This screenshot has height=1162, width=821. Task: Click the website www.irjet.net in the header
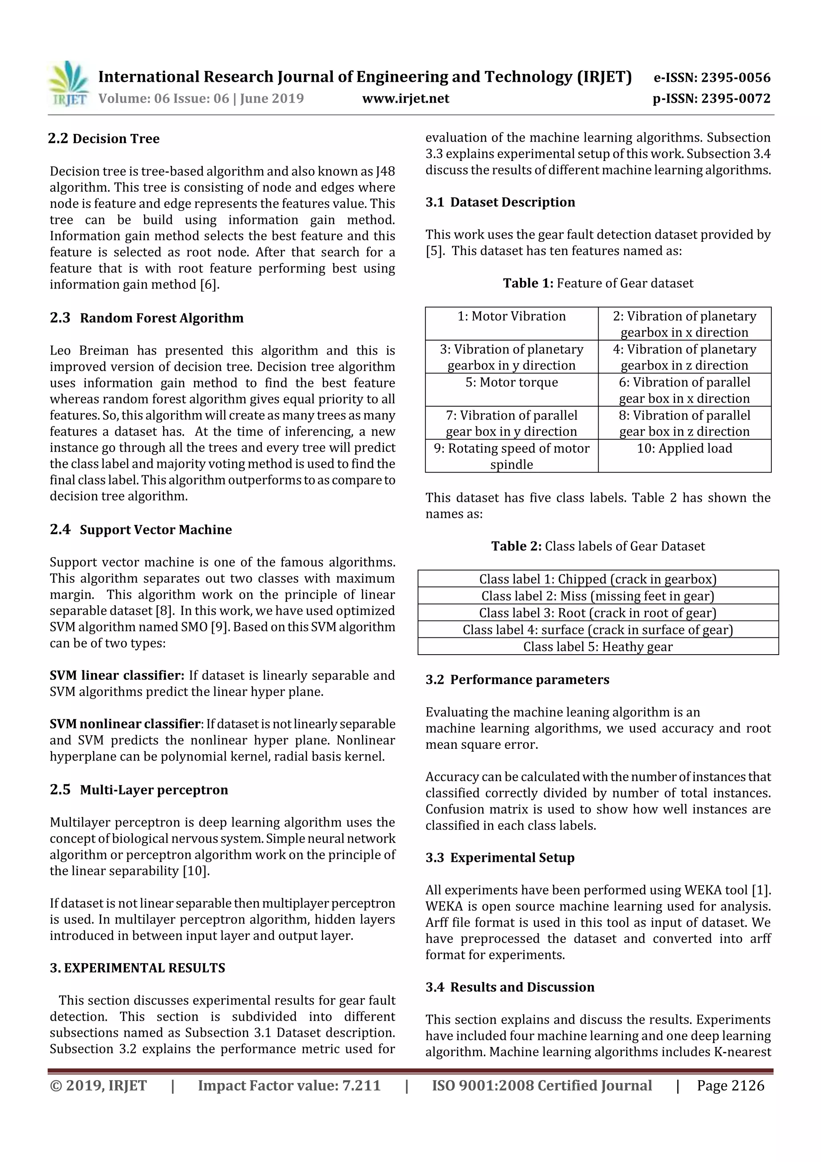point(405,98)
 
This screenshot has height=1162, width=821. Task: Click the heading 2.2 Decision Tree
point(104,139)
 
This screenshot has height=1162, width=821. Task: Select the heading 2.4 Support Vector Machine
point(141,529)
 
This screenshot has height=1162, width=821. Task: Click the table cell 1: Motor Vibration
point(512,316)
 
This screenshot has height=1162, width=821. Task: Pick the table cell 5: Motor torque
point(512,382)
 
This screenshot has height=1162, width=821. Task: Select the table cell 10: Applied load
point(684,448)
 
